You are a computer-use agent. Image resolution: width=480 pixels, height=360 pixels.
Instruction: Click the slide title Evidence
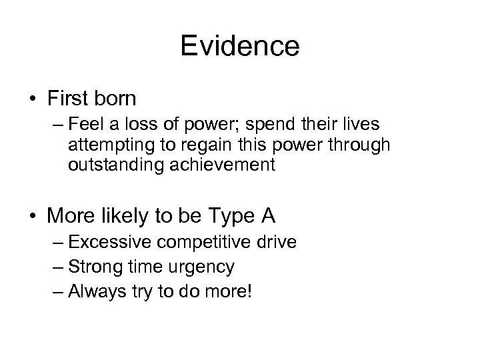(240, 47)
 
